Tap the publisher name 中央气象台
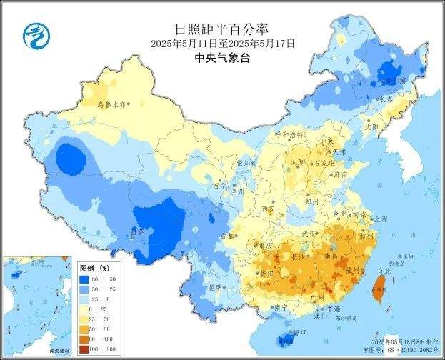pyautogui.click(x=222, y=59)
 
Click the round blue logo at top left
pyautogui.click(x=33, y=33)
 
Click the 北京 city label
pyautogui.click(x=326, y=141)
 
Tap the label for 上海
pyautogui.click(x=381, y=219)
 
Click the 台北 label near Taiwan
pyautogui.click(x=384, y=271)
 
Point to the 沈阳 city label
pyautogui.click(x=391, y=126)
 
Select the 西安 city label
pyautogui.click(x=268, y=209)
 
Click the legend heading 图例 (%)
pyautogui.click(x=94, y=266)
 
